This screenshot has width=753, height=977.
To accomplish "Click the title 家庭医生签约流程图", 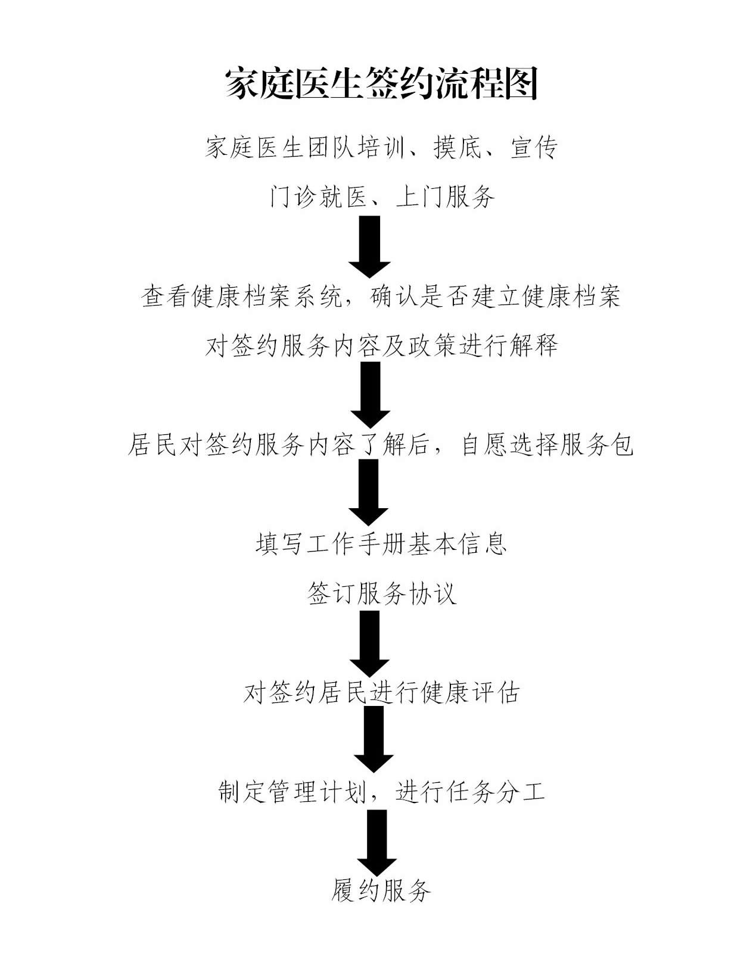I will tap(381, 83).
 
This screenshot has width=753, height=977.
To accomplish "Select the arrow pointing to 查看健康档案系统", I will tap(369, 246).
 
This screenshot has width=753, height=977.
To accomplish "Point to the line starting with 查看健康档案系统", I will tap(381, 296).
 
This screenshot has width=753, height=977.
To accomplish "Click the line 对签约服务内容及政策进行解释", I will tap(381, 346).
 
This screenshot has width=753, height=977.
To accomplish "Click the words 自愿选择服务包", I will tap(547, 445).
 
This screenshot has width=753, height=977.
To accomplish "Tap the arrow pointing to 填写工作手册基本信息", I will tap(369, 493).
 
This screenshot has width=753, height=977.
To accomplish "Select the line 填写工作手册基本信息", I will tap(381, 544).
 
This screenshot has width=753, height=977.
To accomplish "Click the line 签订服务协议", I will tap(381, 593).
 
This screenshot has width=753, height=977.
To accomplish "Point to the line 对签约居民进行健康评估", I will tap(381, 693).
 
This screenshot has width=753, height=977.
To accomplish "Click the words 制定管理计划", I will tap(291, 792).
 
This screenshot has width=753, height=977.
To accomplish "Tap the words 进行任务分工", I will tap(470, 792).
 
